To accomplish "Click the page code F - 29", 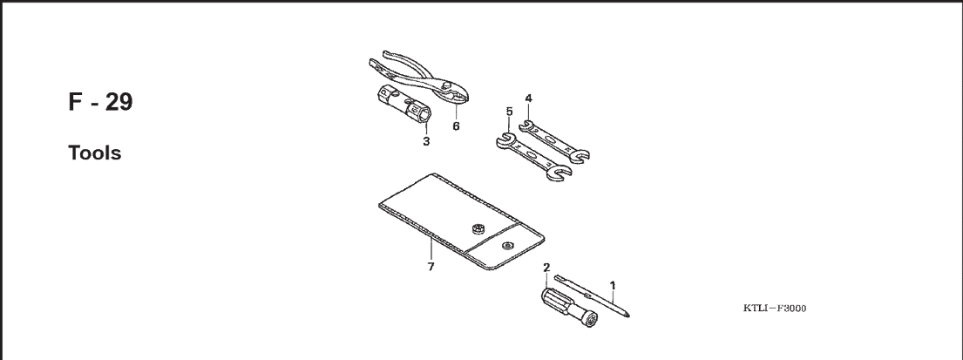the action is pos(100,102).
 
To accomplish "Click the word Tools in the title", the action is pos(95,153).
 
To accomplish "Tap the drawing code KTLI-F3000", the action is pos(775,309).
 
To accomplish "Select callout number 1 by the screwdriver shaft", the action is pos(612,285).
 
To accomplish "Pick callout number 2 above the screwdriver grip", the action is pos(546,267).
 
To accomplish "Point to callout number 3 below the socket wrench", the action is pos(425,141).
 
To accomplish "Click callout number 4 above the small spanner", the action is pos(528,98).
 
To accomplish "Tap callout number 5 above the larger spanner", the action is pos(509,112).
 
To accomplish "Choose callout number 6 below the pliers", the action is pos(456,126).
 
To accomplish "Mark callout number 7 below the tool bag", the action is pos(431,267).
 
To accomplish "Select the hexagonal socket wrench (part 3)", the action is pos(402,105).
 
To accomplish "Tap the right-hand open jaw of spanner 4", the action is pos(580,156).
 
